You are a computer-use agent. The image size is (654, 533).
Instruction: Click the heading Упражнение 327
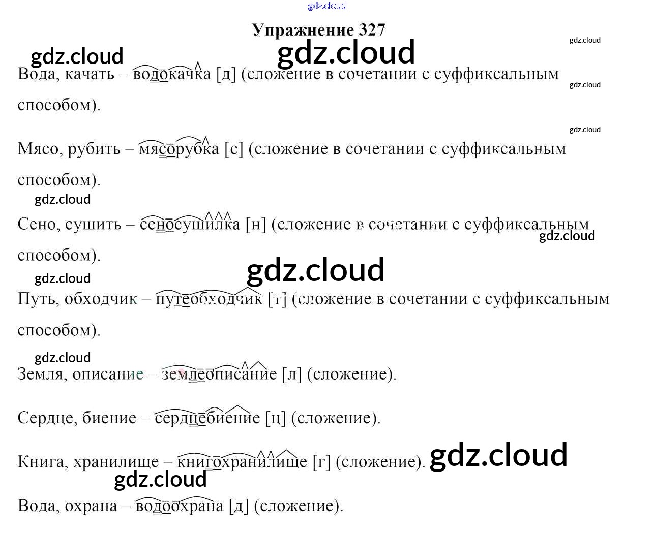(318, 30)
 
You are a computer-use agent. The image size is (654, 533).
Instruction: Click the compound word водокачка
(171, 74)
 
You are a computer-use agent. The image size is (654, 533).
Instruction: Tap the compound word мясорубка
(179, 149)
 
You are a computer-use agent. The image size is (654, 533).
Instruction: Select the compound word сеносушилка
(190, 224)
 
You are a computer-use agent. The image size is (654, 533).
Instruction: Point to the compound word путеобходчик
(209, 299)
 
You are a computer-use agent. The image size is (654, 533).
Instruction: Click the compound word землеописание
(219, 374)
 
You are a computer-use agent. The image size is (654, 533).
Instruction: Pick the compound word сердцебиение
(207, 418)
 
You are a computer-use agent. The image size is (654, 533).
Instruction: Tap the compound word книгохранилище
(242, 462)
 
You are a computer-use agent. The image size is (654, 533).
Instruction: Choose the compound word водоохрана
(179, 506)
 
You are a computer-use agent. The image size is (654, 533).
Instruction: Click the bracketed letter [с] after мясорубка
(234, 149)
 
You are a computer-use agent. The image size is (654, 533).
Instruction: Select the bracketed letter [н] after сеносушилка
(255, 224)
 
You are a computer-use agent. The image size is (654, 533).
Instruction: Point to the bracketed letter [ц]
(276, 418)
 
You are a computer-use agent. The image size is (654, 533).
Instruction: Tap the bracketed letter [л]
(292, 374)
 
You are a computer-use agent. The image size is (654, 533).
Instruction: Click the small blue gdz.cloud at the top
(327, 6)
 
